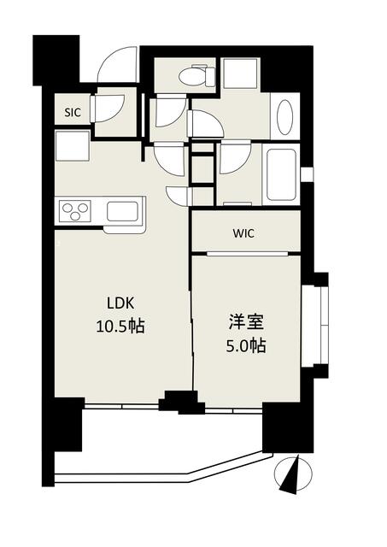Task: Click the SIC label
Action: pyautogui.click(x=73, y=112)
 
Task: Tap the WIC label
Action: pyautogui.click(x=243, y=233)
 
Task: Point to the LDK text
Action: pyautogui.click(x=120, y=303)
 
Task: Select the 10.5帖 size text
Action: pyautogui.click(x=120, y=326)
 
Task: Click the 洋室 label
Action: pyautogui.click(x=246, y=323)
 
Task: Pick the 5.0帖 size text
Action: pyautogui.click(x=246, y=346)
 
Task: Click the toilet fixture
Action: pyautogui.click(x=196, y=76)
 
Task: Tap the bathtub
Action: pyautogui.click(x=281, y=174)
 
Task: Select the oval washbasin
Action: pyautogui.click(x=284, y=118)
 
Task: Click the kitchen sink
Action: pyautogui.click(x=123, y=211)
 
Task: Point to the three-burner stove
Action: pyautogui.click(x=75, y=211)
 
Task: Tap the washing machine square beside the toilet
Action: pyautogui.click(x=241, y=73)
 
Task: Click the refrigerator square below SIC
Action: pyautogui.click(x=72, y=146)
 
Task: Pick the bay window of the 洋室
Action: pyautogui.click(x=315, y=326)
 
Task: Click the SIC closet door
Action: pyautogui.click(x=108, y=109)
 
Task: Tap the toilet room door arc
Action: pyautogui.click(x=171, y=112)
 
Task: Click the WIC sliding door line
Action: pyautogui.click(x=248, y=254)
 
